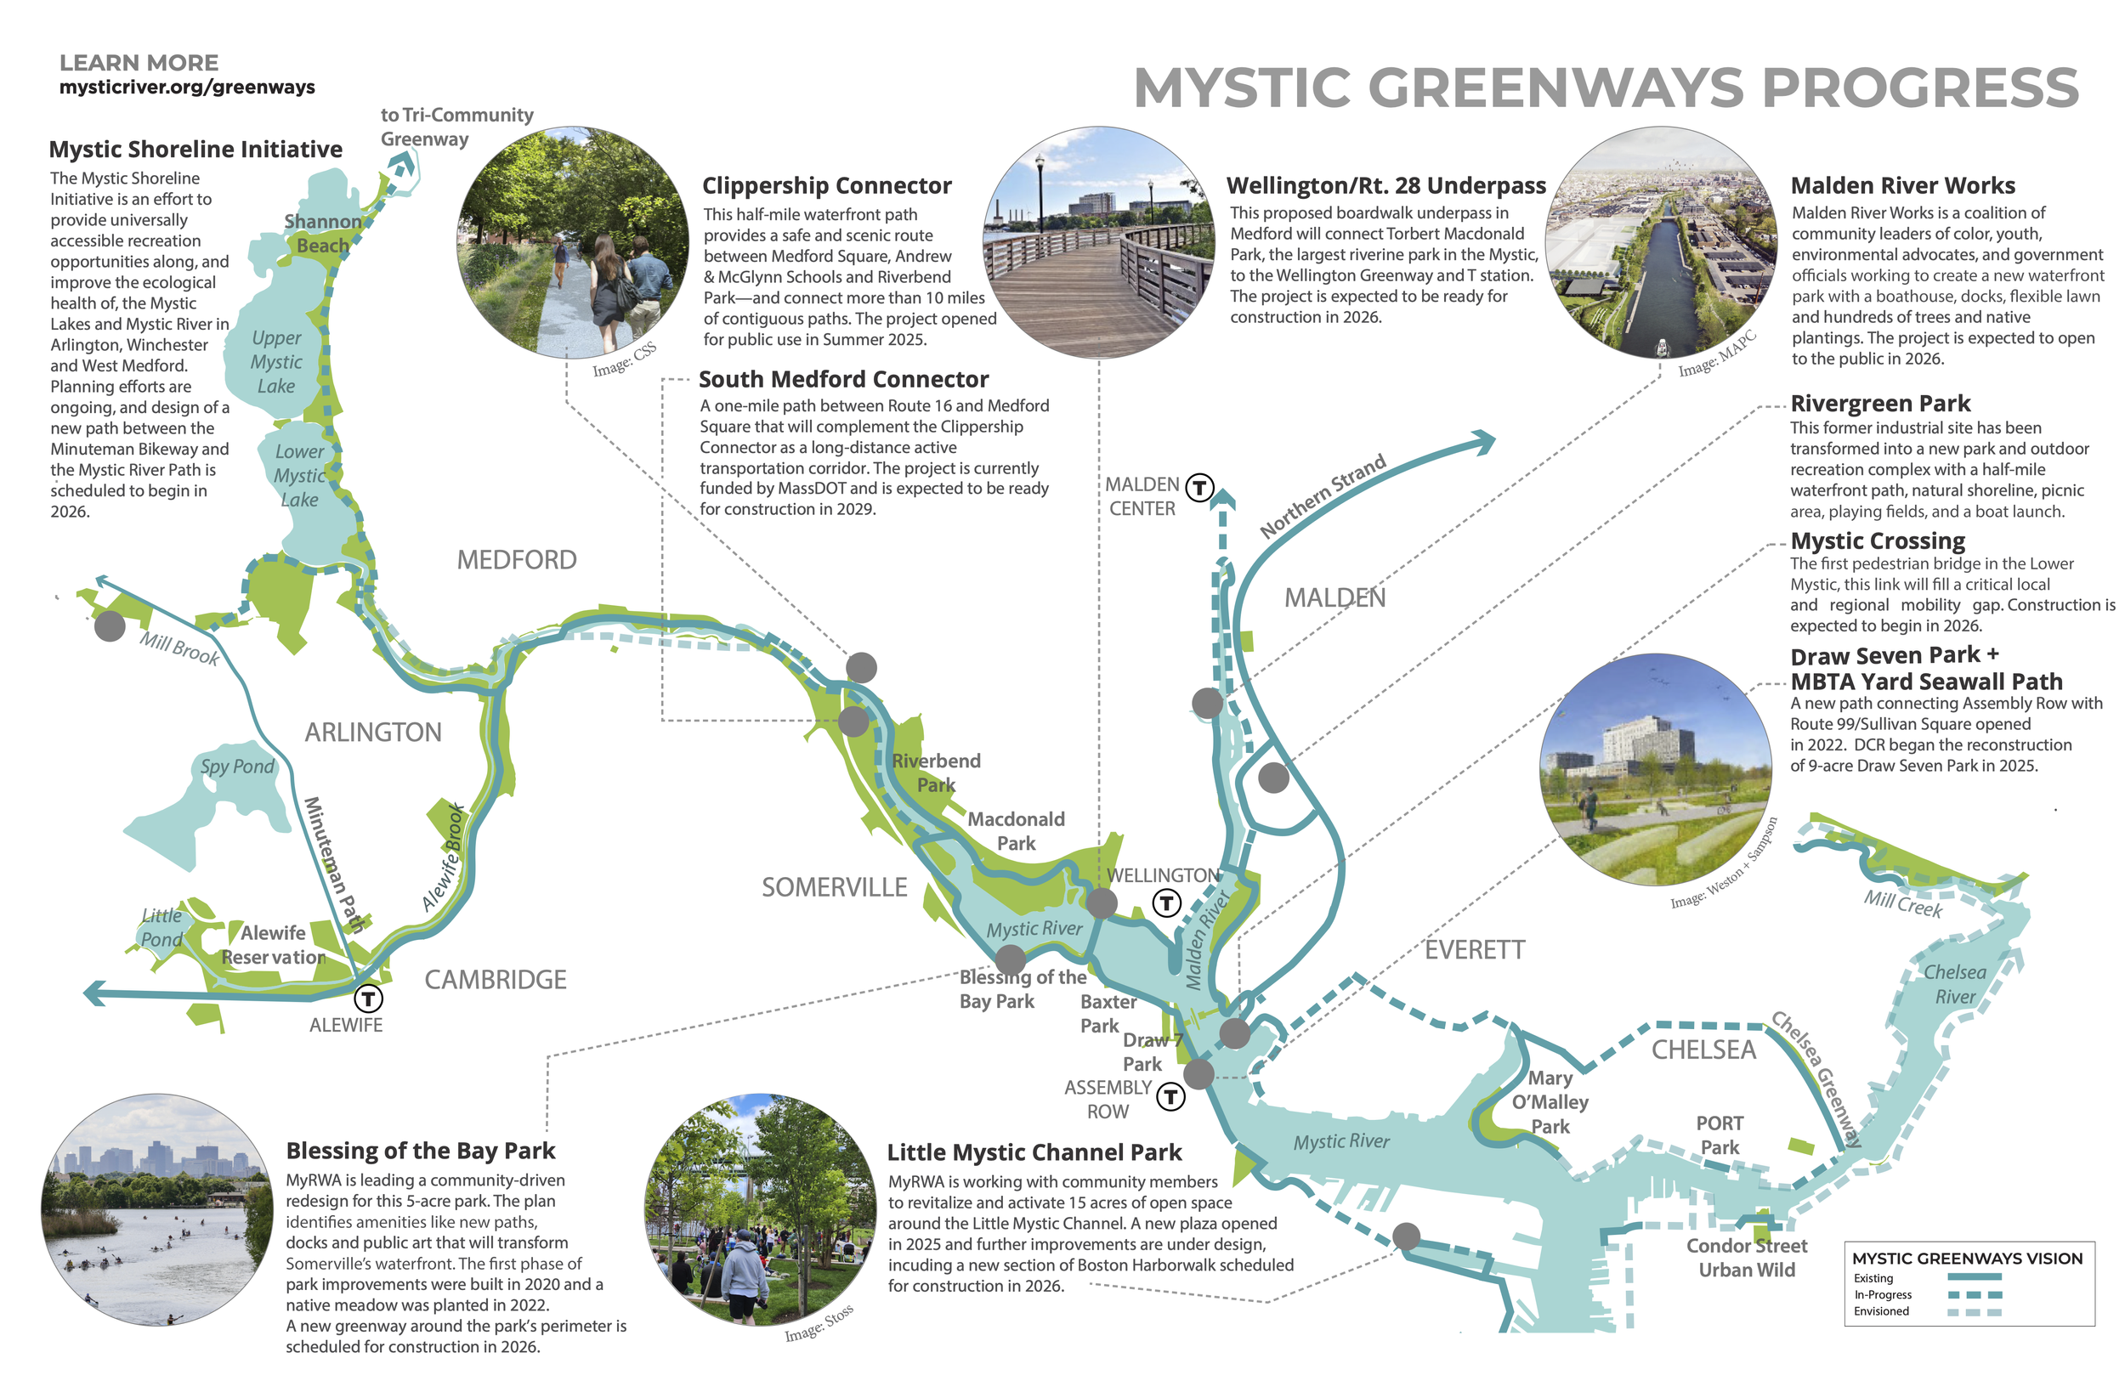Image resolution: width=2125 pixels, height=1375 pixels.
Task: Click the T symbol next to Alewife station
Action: tap(368, 998)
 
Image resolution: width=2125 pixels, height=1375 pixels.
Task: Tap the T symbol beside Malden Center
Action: tap(1199, 488)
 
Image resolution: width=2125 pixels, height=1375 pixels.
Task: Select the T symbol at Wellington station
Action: tap(1166, 903)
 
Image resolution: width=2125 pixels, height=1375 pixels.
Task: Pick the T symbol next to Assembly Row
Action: tap(1170, 1095)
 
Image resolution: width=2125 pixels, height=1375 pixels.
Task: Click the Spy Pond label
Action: tap(236, 766)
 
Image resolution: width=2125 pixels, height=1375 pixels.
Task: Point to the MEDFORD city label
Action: tap(516, 560)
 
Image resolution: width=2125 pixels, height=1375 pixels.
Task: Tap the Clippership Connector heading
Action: tap(826, 186)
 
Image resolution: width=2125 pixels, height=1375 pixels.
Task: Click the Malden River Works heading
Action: tap(1901, 186)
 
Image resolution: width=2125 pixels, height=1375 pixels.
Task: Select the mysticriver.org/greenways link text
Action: tap(187, 88)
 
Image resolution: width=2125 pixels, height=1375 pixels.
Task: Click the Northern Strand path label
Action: tap(1323, 496)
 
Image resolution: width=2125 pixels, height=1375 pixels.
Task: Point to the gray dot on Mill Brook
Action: tap(110, 626)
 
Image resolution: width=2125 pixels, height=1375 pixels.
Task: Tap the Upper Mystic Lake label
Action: tap(276, 362)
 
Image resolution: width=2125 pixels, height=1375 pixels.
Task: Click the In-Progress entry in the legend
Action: tap(1883, 1294)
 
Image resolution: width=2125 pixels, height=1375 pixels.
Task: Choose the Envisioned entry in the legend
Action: tap(1881, 1310)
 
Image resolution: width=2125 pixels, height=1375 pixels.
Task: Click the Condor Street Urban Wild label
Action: tap(1746, 1257)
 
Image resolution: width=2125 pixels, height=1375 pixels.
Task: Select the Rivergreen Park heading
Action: tap(1879, 404)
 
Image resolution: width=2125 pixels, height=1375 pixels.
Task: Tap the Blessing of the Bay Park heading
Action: tap(420, 1150)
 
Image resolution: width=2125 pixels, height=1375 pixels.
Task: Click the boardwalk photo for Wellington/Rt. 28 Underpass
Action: tap(1097, 243)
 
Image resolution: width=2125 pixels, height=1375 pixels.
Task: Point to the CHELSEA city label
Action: tap(1703, 1050)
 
